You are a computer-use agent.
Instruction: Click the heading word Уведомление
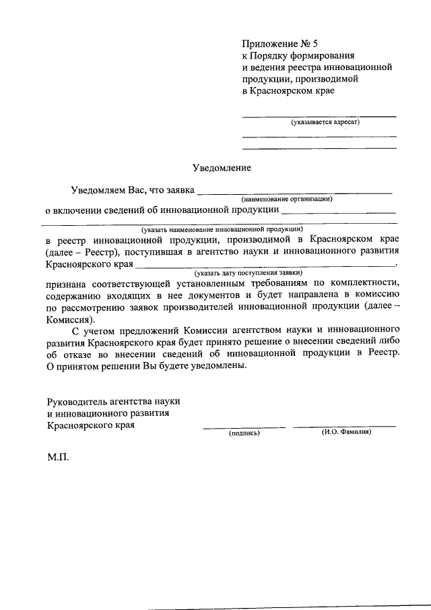pyautogui.click(x=222, y=166)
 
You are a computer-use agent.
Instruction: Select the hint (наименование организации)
pyautogui.click(x=287, y=199)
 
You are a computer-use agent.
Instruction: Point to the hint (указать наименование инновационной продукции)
pyautogui.click(x=218, y=228)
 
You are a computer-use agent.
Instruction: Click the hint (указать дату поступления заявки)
pyautogui.click(x=248, y=272)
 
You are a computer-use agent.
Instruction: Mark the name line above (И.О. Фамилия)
pyautogui.click(x=344, y=426)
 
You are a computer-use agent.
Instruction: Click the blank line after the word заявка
pyautogui.click(x=296, y=194)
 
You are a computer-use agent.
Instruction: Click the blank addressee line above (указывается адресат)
pyautogui.click(x=319, y=117)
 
